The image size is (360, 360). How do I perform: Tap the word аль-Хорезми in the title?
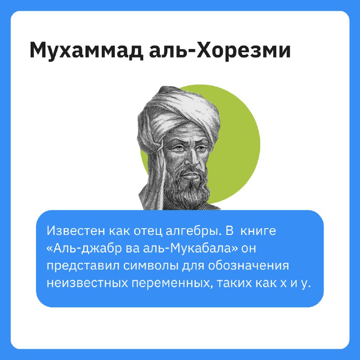(220, 50)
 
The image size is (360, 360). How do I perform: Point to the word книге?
(258, 231)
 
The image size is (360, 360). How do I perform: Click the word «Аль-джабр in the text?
(84, 248)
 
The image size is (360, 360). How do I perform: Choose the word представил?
(83, 266)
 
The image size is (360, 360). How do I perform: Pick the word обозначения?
(248, 266)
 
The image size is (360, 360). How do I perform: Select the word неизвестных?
(87, 283)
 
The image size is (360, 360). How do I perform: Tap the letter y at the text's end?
(304, 285)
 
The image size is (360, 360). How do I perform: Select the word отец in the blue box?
(148, 231)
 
